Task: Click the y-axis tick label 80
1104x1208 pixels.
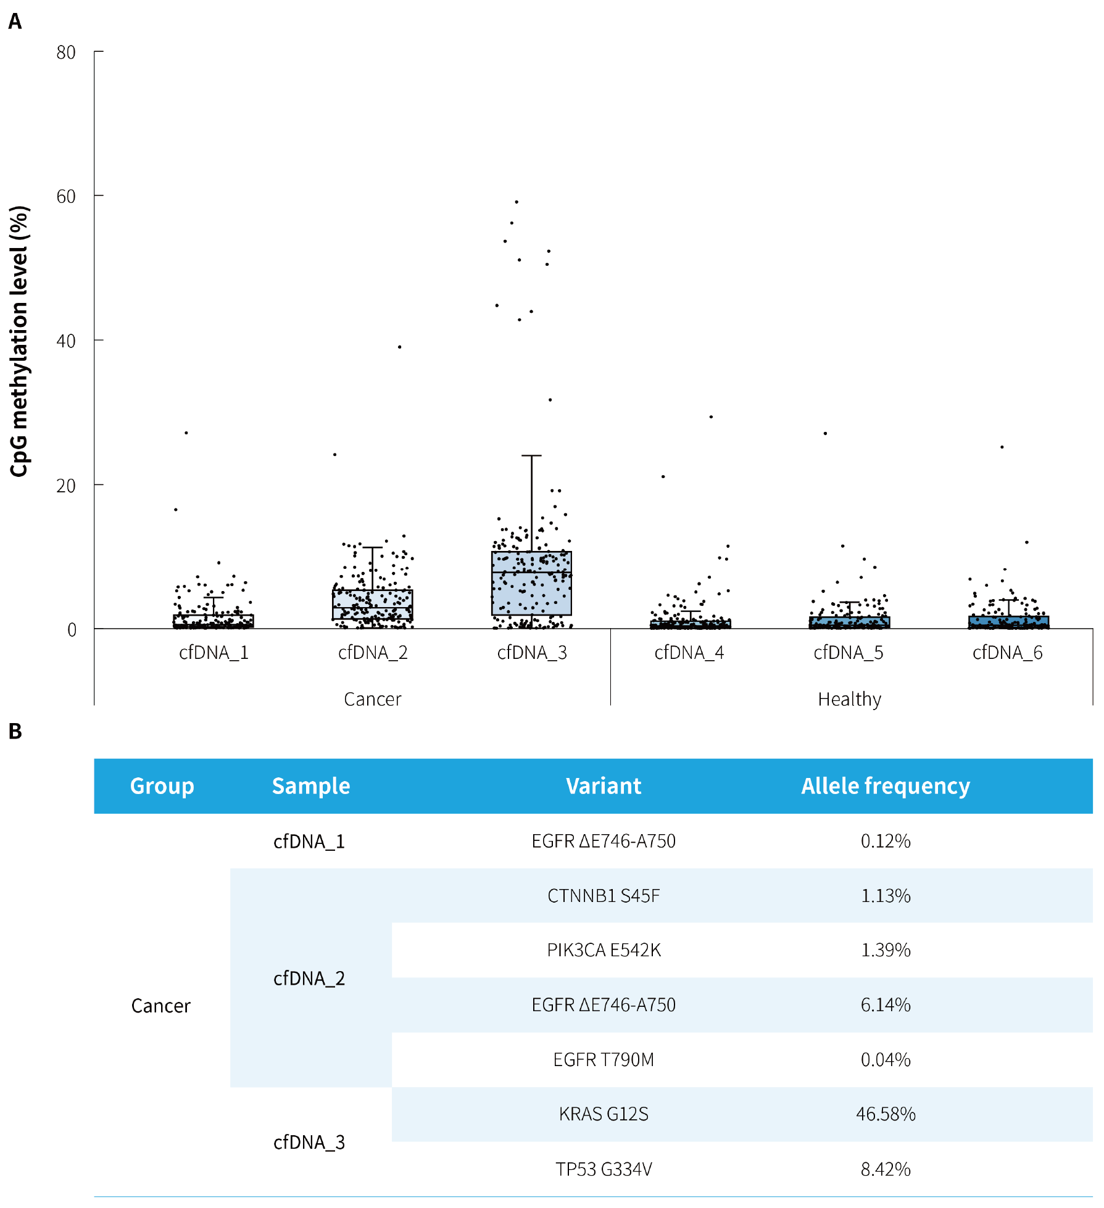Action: [x=66, y=52]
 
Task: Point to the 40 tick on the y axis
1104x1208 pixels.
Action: [x=66, y=341]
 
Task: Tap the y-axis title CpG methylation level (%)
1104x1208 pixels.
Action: [x=20, y=341]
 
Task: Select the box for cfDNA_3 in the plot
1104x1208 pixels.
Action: [x=531, y=583]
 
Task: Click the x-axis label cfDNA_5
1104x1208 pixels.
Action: [x=849, y=653]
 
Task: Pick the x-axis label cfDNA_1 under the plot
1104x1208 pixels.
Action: [x=214, y=653]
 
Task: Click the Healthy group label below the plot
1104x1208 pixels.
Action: [x=849, y=699]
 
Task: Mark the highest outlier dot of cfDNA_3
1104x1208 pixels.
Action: [x=517, y=202]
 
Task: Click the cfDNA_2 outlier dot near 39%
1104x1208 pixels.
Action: [x=400, y=347]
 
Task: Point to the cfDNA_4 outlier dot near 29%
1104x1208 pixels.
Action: [x=711, y=417]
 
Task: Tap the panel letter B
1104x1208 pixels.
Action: [x=15, y=731]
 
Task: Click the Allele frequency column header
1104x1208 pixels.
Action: [x=886, y=786]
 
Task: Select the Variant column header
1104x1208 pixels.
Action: [x=604, y=786]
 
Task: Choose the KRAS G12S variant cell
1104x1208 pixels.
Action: [x=604, y=1114]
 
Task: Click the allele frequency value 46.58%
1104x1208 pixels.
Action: [x=886, y=1114]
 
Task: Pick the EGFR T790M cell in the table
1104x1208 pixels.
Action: [x=604, y=1060]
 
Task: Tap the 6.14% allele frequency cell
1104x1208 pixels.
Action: [x=886, y=1005]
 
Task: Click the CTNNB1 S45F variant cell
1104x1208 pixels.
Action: [x=604, y=896]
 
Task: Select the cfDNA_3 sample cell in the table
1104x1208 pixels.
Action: [x=309, y=1142]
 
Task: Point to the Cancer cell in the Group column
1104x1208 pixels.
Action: [x=161, y=1006]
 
